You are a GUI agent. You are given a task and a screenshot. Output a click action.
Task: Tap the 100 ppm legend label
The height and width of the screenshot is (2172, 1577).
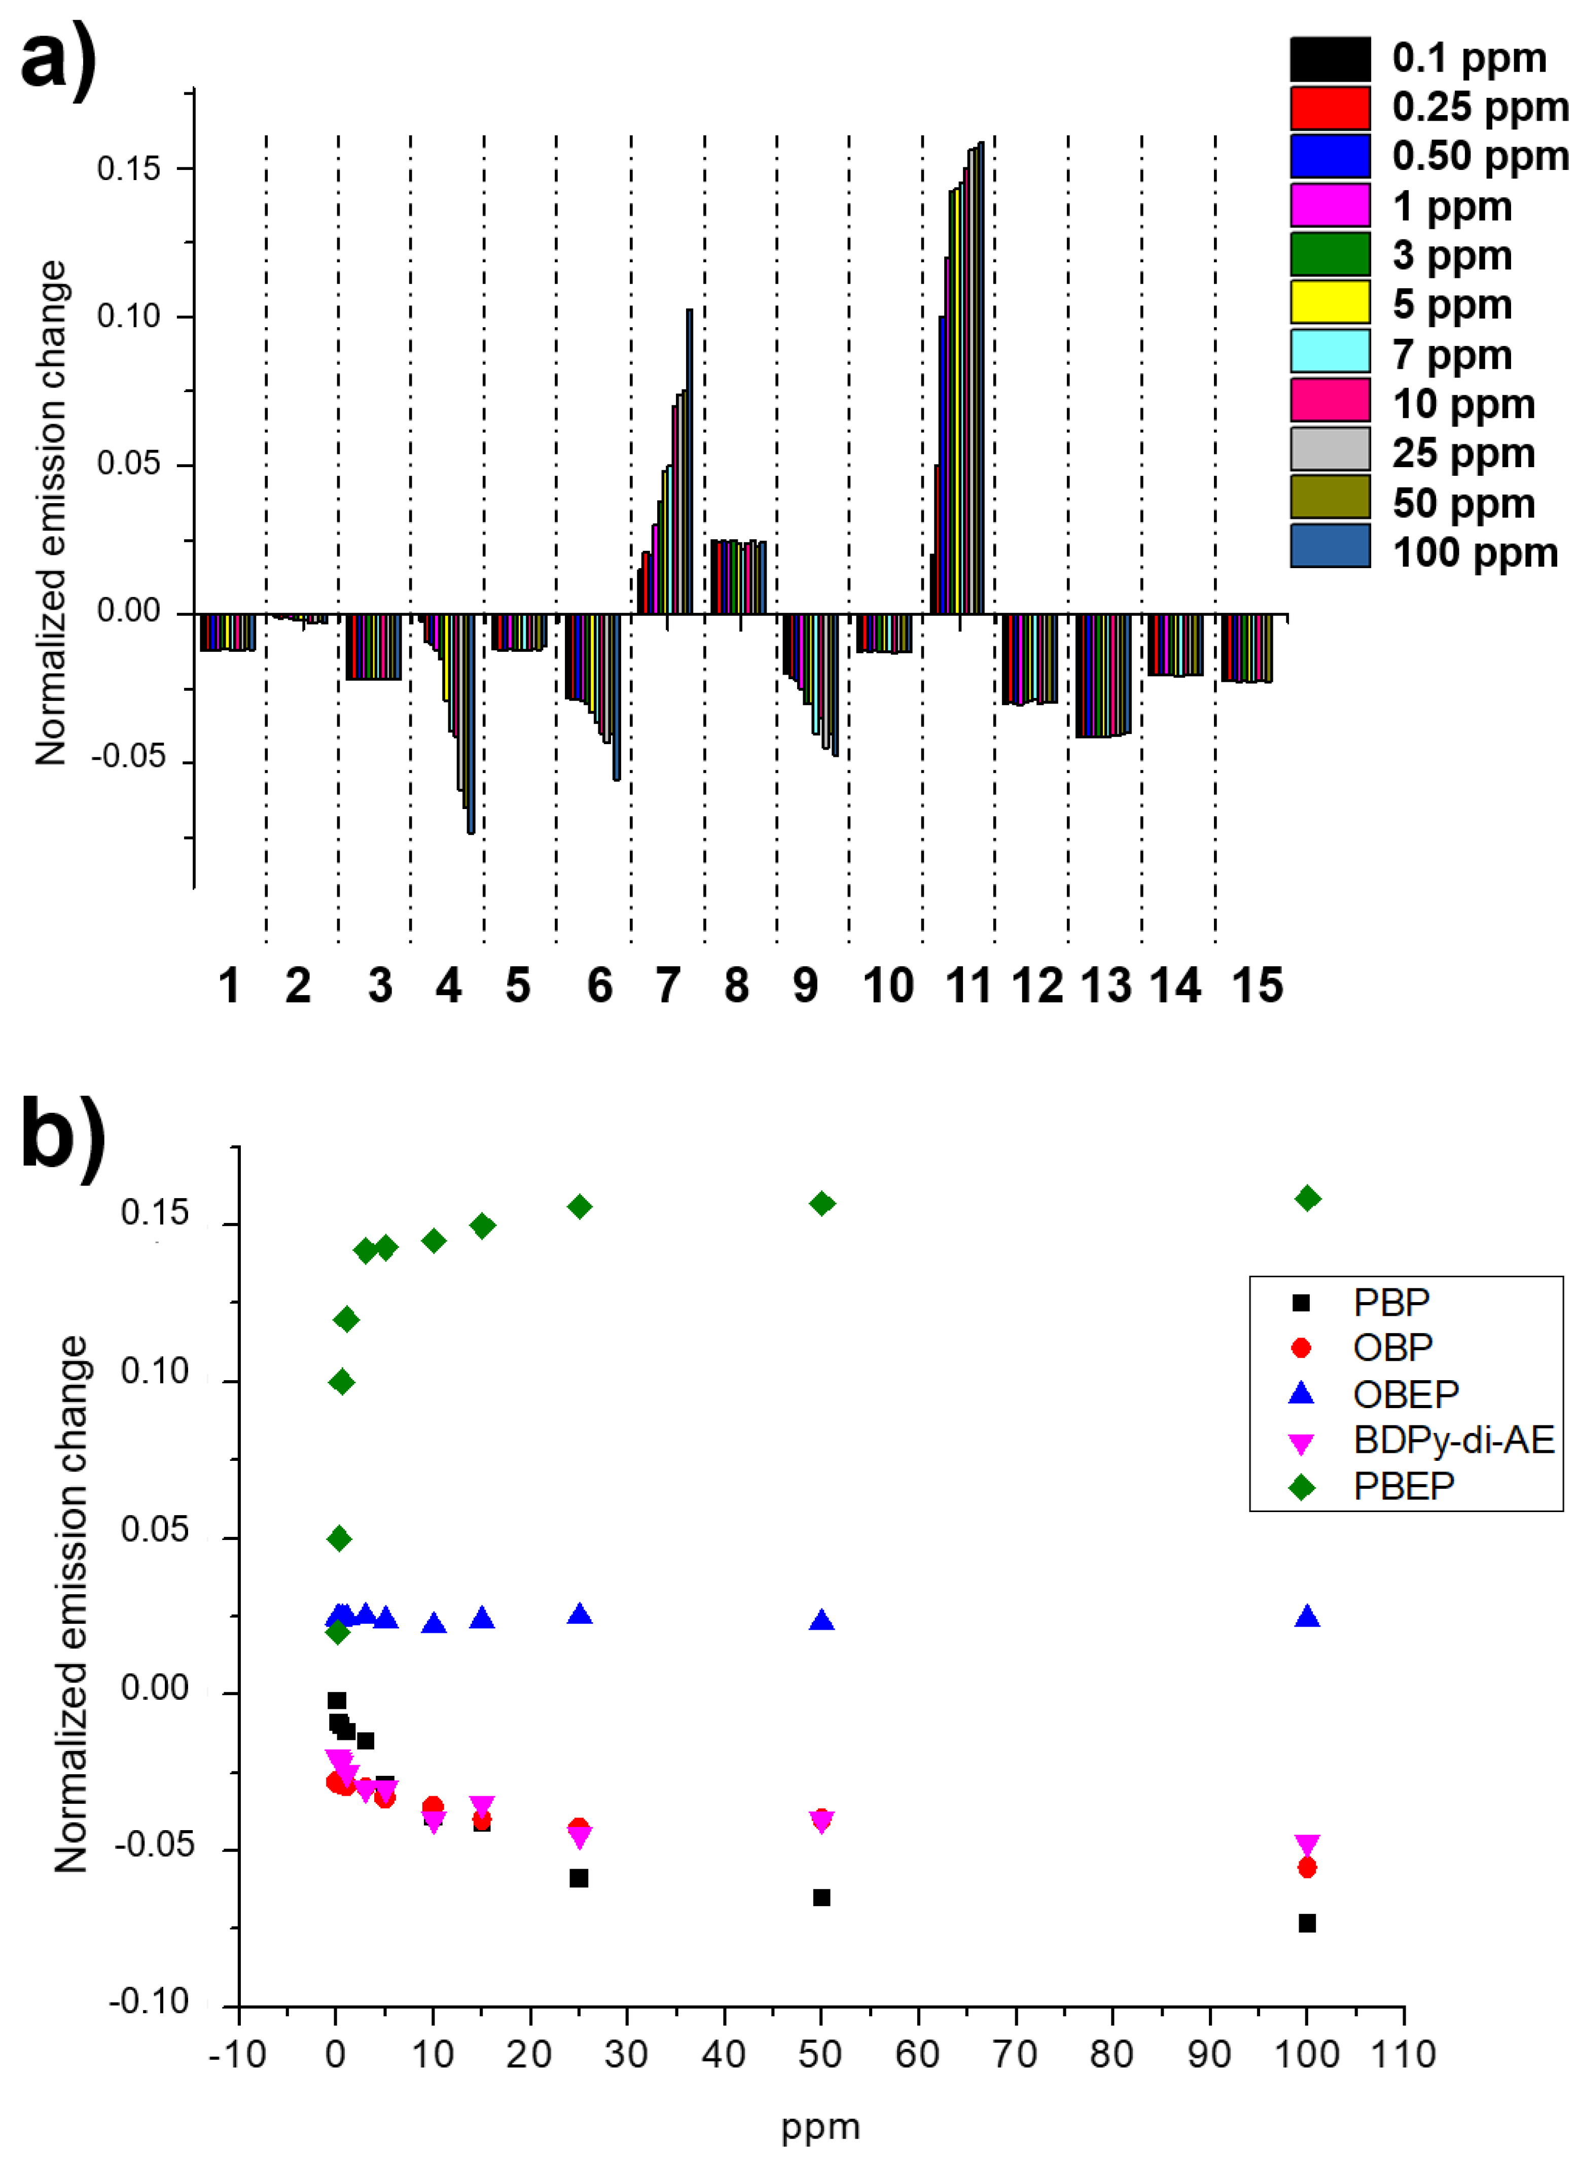tap(1475, 552)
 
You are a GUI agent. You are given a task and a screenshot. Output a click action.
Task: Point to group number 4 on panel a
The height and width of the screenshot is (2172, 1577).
tap(448, 986)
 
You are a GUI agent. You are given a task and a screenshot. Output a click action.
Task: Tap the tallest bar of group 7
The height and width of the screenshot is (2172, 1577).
tap(689, 460)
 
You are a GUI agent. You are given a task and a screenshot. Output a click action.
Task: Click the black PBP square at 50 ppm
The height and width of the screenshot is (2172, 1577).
tap(820, 1897)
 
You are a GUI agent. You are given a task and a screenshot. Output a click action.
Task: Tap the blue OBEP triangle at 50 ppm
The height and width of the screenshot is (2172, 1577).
tap(820, 1621)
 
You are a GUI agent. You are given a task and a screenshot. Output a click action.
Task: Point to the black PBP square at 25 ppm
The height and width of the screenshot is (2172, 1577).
tap(579, 1878)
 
